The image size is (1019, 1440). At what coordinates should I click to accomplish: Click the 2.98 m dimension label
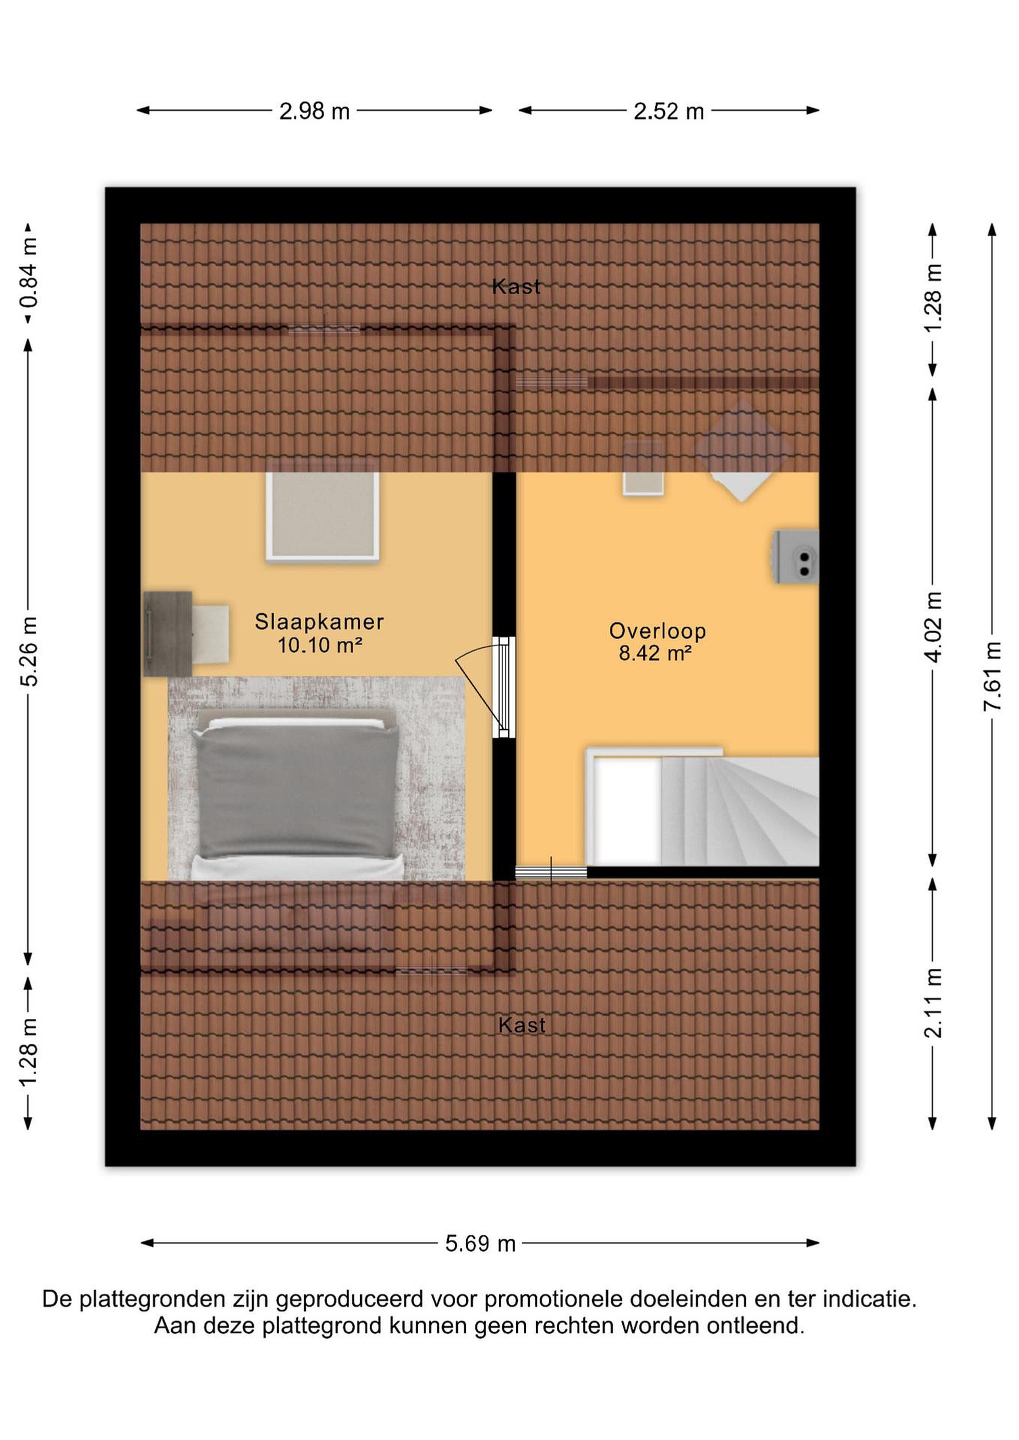point(314,111)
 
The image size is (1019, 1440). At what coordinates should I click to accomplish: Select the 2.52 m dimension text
point(668,111)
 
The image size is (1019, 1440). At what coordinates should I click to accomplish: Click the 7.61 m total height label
point(992,675)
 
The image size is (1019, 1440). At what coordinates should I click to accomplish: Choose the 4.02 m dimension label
point(933,626)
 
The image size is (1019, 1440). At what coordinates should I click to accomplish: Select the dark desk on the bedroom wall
point(168,633)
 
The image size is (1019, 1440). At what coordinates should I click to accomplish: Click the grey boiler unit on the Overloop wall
point(795,557)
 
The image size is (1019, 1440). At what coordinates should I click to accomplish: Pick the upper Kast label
point(516,286)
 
